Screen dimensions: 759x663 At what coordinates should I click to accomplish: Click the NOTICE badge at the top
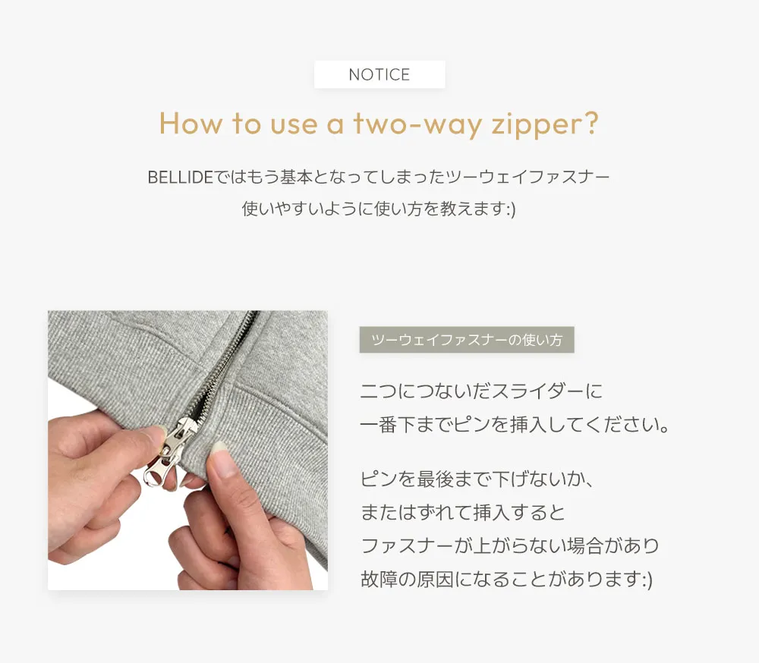[x=379, y=74]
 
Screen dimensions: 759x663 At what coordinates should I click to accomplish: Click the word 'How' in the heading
[x=191, y=124]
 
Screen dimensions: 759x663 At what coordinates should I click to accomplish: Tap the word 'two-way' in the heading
[x=417, y=124]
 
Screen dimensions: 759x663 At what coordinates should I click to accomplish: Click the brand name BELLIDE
[x=180, y=178]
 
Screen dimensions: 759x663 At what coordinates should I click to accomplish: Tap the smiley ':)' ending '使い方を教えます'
[x=511, y=209]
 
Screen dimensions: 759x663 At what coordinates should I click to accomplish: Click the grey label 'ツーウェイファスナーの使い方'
[x=467, y=340]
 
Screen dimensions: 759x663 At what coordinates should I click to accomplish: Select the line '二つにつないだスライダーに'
[x=481, y=391]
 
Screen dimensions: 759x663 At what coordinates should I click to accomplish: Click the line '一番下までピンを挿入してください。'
[x=515, y=424]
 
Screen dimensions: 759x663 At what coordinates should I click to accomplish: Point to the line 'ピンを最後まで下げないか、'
[x=477, y=479]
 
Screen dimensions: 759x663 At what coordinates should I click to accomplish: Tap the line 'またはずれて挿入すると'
[x=463, y=513]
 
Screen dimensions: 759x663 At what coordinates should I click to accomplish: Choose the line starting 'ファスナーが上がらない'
[x=510, y=546]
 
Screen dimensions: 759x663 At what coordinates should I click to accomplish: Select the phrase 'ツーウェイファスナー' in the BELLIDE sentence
[x=528, y=178]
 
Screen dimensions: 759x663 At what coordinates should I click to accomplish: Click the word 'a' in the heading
[x=335, y=126]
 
